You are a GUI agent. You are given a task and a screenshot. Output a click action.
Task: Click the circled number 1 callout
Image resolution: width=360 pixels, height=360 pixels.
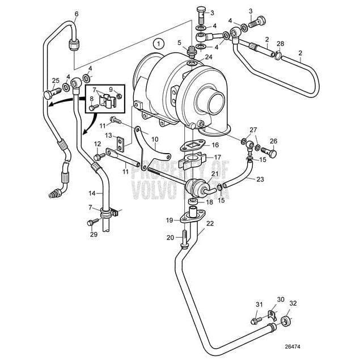point(159,43)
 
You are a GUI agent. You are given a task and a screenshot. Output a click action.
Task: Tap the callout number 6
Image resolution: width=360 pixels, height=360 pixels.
point(77,14)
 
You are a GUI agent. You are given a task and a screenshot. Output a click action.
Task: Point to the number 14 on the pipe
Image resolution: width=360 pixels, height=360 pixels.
point(91,193)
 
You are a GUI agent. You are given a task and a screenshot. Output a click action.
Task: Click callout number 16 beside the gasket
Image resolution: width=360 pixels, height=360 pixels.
point(207,146)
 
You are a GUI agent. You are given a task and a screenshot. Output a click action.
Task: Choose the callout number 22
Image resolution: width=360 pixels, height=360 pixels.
point(210,223)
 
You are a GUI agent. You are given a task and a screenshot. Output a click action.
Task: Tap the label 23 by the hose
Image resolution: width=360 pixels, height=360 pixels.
point(260,179)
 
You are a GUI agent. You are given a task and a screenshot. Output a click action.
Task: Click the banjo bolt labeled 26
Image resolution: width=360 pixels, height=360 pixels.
point(272,152)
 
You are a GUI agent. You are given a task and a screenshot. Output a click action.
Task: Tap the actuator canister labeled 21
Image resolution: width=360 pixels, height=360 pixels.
point(196,188)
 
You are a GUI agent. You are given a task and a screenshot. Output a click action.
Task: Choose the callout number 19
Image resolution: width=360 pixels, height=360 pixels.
point(169,220)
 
